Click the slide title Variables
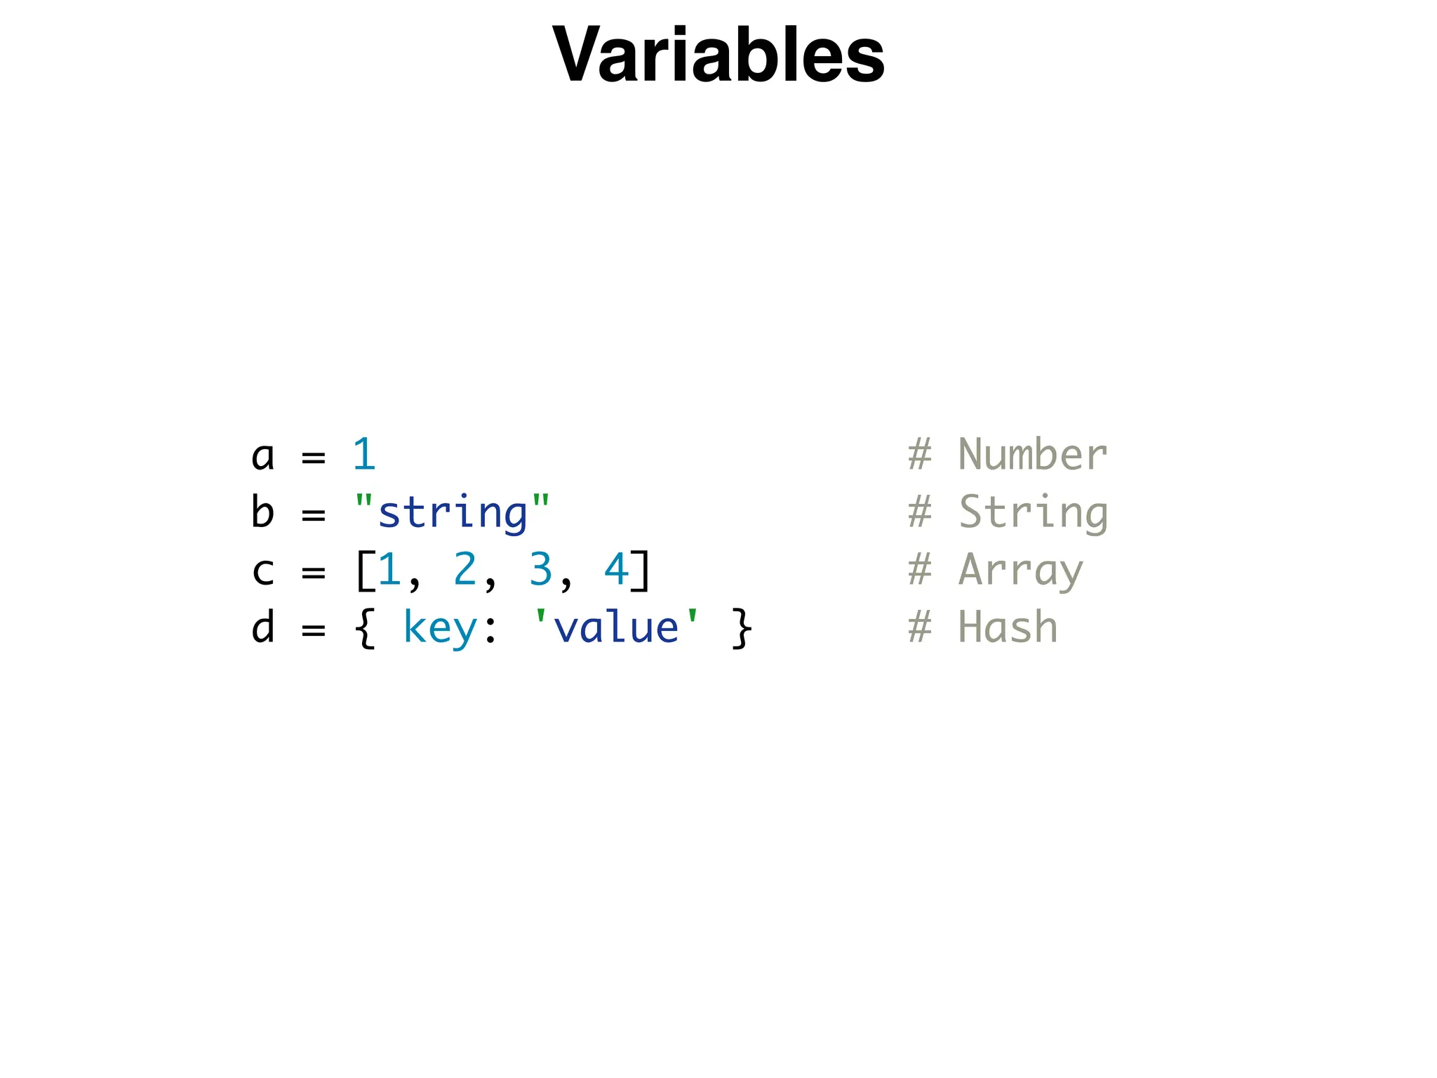(718, 55)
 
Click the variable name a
(262, 456)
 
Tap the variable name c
(262, 571)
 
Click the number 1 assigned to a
(364, 455)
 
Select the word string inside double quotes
(453, 513)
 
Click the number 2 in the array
(464, 569)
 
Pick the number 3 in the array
(540, 569)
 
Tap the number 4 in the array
(616, 569)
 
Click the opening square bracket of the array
(364, 571)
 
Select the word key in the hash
(440, 628)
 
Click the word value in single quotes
(616, 628)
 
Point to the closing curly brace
(742, 628)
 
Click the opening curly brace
(364, 628)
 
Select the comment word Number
(1032, 455)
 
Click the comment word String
(1033, 513)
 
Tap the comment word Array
(1020, 571)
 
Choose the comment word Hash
(1008, 627)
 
